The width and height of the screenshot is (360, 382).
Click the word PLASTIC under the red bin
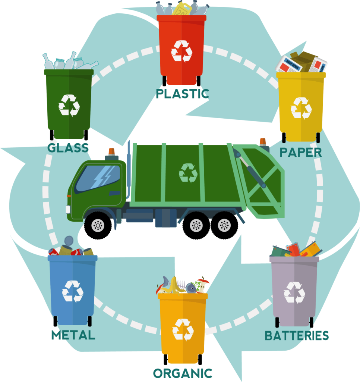tap(182, 94)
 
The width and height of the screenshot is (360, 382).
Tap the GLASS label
tap(68, 148)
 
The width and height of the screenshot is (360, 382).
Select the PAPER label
tap(301, 152)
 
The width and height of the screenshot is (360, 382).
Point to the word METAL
tap(73, 335)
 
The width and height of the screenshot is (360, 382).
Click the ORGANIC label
tap(183, 373)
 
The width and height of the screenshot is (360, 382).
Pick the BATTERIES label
tap(297, 335)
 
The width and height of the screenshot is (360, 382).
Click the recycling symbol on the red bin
tap(182, 51)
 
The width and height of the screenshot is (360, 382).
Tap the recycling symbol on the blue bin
tap(73, 291)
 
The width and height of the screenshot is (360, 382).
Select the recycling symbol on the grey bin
tap(294, 292)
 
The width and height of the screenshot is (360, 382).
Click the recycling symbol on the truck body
tap(188, 173)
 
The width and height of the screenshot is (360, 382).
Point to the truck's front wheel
tap(98, 225)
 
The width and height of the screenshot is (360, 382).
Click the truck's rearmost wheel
tap(224, 225)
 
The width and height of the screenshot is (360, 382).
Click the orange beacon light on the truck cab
tap(111, 152)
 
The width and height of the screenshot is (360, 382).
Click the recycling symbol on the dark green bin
tap(69, 106)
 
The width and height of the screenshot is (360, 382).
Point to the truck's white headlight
tap(68, 209)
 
